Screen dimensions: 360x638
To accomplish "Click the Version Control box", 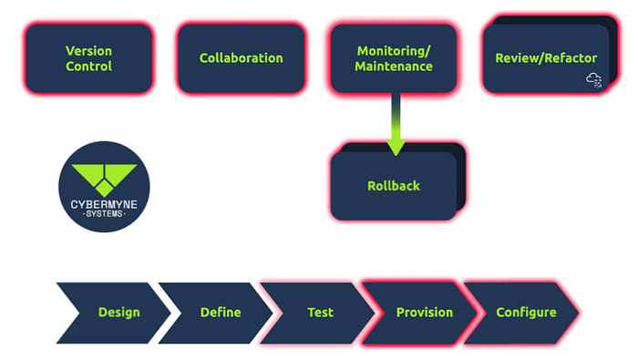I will click(88, 58).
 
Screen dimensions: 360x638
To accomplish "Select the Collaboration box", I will click(241, 58).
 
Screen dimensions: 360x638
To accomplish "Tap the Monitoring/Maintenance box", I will click(393, 58).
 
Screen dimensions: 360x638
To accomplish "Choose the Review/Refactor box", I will click(545, 58).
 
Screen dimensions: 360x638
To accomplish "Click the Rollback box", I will click(393, 186).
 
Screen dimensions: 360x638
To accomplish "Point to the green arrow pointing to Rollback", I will click(394, 123).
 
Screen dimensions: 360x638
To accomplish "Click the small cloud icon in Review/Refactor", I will click(594, 80).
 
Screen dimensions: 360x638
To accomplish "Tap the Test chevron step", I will click(320, 313).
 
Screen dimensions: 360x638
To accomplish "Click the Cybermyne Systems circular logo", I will click(105, 187).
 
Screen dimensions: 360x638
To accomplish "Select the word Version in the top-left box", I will click(88, 50).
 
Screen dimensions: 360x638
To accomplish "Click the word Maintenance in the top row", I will click(394, 67).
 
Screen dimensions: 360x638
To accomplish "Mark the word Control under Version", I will click(88, 67).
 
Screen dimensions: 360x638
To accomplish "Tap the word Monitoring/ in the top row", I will click(394, 50).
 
